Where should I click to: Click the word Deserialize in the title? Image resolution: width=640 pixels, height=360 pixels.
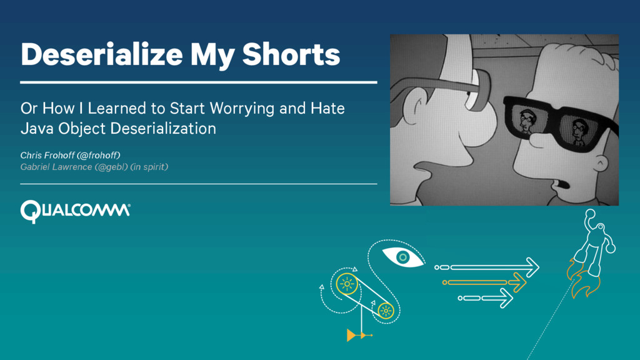click(102, 54)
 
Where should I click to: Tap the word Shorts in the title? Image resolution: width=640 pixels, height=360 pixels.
click(291, 54)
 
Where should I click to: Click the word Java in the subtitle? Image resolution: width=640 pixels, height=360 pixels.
click(37, 129)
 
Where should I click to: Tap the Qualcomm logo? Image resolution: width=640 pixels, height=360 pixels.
click(76, 211)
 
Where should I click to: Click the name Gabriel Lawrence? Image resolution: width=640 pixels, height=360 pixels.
click(56, 167)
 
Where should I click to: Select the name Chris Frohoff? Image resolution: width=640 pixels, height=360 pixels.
click(47, 155)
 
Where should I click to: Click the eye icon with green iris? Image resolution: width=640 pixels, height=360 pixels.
click(403, 257)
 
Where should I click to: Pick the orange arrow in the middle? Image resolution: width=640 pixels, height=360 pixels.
click(484, 282)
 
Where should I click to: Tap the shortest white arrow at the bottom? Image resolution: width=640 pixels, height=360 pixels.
click(485, 298)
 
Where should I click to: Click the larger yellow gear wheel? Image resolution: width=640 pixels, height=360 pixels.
click(347, 284)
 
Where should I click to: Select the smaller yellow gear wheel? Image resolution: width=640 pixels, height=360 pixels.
click(386, 311)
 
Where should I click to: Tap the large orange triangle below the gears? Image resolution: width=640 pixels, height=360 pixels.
click(351, 335)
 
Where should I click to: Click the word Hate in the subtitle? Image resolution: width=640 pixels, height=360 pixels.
click(327, 109)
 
